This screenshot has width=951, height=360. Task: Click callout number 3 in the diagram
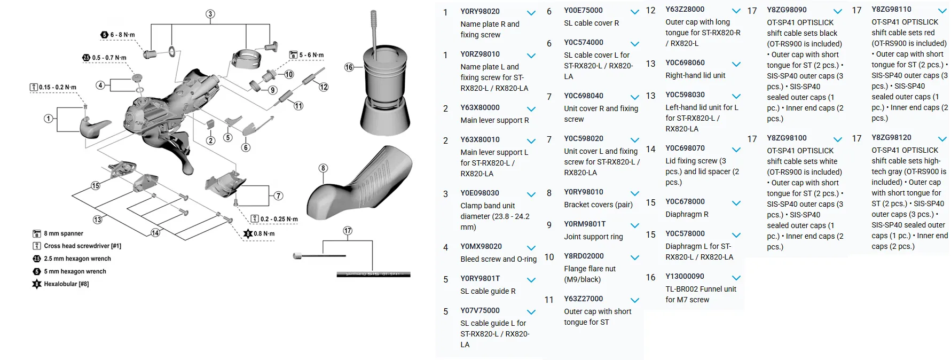(x=210, y=14)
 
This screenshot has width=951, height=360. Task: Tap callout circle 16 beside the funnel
(x=349, y=67)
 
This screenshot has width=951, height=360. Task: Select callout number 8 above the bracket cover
(x=323, y=168)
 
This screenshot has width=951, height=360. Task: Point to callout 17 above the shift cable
(x=348, y=231)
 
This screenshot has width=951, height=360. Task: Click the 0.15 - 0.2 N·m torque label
(x=53, y=87)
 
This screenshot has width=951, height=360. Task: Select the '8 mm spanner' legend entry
(x=58, y=233)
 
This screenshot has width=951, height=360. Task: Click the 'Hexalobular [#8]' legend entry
(x=61, y=284)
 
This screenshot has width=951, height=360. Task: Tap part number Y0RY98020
(x=480, y=11)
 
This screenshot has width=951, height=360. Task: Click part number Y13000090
(x=685, y=276)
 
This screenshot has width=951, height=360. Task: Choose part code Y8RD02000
(x=584, y=256)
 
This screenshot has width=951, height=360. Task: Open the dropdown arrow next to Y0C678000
(x=736, y=203)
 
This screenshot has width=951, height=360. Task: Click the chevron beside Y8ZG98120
(x=942, y=139)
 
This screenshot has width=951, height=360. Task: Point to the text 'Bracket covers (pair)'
(x=598, y=205)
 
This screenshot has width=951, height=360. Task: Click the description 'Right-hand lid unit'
(x=695, y=75)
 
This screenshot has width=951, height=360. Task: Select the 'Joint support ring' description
(x=593, y=237)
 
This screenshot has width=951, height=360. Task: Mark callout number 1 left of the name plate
(x=49, y=119)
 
